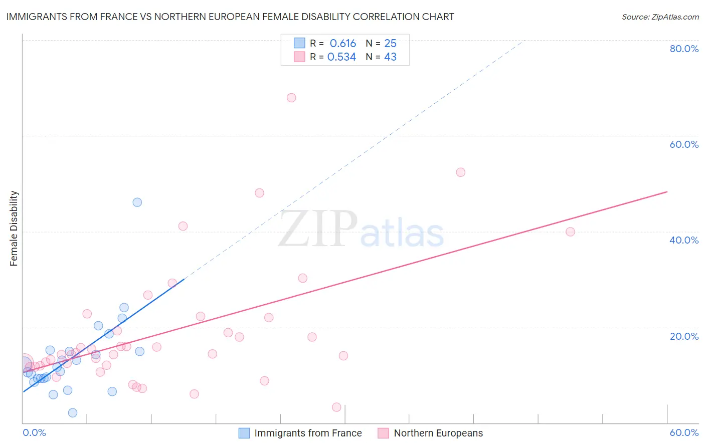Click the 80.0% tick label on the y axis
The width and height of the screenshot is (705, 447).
684,49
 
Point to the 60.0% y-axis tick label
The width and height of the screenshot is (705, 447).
684,144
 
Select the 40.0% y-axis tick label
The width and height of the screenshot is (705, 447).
684,240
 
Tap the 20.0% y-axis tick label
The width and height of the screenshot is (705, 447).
684,336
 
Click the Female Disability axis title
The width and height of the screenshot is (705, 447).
14,228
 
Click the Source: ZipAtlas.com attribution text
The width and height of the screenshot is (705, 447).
660,17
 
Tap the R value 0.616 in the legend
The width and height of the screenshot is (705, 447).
342,44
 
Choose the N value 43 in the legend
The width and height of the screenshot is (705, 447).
390,57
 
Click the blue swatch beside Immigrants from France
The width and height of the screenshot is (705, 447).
244,433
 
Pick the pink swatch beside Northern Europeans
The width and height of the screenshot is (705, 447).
384,433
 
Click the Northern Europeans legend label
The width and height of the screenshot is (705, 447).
438,433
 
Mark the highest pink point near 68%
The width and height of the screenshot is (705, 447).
291,98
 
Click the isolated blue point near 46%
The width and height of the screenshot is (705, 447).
137,202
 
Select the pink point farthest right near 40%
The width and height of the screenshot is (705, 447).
570,232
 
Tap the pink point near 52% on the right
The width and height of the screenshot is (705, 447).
461,172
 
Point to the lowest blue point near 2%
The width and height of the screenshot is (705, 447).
73,413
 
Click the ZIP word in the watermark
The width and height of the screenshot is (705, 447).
318,230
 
